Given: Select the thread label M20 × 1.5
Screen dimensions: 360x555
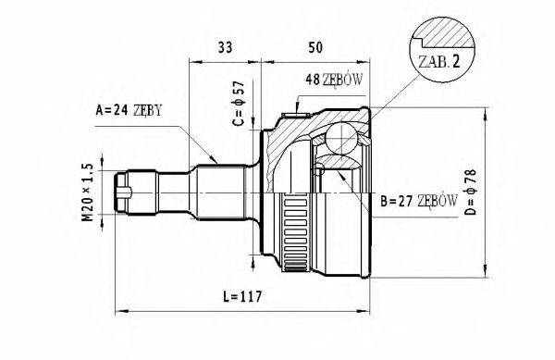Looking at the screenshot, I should (x=88, y=192).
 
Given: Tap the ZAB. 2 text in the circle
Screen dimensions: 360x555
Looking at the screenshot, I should (x=439, y=62).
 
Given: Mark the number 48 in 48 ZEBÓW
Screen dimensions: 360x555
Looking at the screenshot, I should (x=312, y=81).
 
